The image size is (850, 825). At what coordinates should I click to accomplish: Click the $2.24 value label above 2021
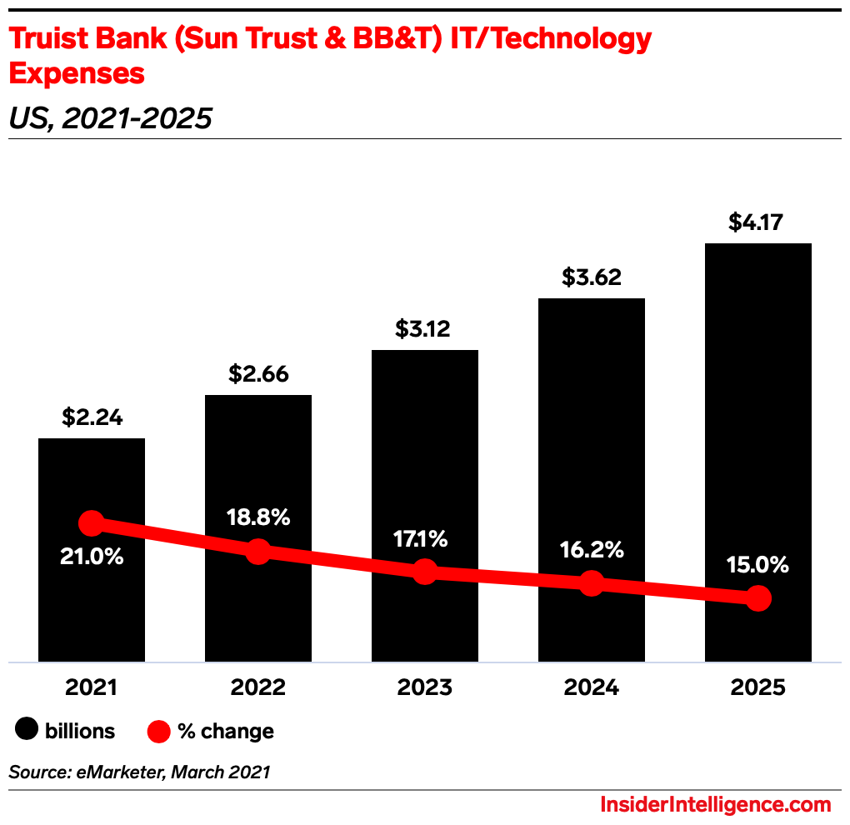click(x=92, y=417)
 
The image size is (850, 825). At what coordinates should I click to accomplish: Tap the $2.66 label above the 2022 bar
click(x=258, y=374)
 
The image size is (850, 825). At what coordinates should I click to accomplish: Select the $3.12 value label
click(x=425, y=329)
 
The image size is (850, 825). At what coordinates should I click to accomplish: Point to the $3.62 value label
click(x=591, y=277)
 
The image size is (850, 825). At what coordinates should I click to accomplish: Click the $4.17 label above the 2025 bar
click(x=757, y=222)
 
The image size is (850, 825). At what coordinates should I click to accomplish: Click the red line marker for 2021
click(x=92, y=523)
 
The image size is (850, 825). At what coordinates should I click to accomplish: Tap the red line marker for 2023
click(x=425, y=572)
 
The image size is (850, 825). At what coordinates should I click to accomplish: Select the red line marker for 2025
click(x=757, y=597)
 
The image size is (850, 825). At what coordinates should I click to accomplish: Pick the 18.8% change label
click(x=258, y=517)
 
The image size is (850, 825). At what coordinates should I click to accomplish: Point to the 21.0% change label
click(x=92, y=557)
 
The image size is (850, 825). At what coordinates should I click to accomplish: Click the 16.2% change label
click(x=591, y=549)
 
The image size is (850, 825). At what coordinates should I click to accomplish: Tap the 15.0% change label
click(x=757, y=565)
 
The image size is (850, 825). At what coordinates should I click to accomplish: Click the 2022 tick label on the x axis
click(x=258, y=687)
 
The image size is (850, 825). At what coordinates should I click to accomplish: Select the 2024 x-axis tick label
click(x=591, y=687)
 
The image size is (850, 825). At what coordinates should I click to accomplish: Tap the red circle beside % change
click(x=158, y=731)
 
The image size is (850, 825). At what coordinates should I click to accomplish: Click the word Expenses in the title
click(x=77, y=73)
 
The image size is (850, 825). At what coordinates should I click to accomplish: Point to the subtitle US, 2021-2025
click(x=110, y=118)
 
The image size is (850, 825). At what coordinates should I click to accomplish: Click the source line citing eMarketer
click(x=139, y=772)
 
